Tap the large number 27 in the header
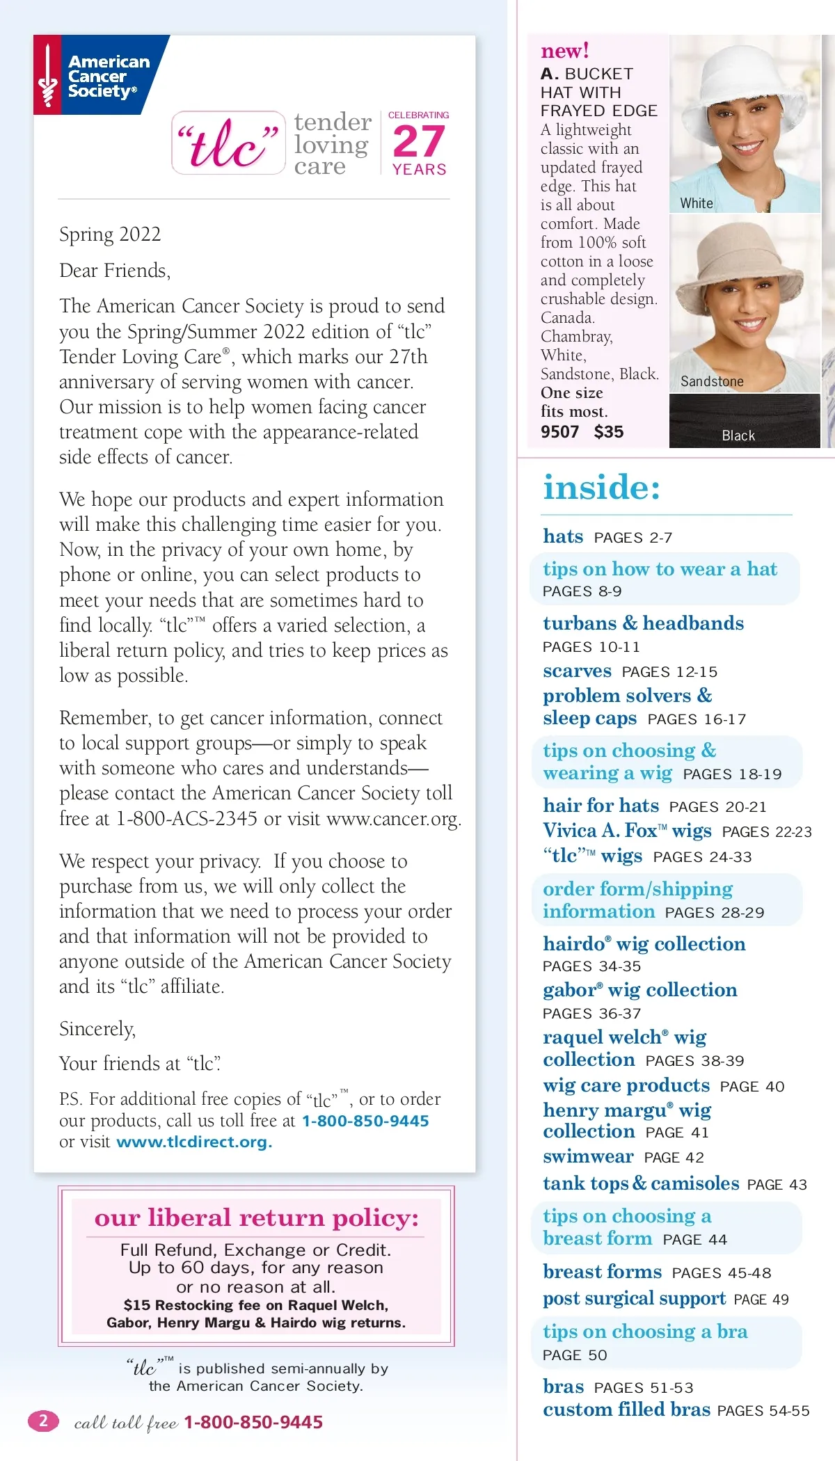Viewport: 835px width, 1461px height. point(418,142)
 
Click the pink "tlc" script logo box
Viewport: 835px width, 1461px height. point(228,143)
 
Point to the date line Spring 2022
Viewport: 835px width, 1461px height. point(110,234)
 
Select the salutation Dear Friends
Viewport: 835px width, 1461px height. point(115,270)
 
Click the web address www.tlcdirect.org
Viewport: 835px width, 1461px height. point(193,1142)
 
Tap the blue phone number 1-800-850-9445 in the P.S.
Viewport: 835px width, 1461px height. point(365,1120)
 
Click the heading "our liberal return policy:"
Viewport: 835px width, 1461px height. point(256,1218)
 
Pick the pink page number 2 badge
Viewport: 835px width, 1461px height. point(43,1421)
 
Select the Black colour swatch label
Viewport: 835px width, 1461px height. point(738,436)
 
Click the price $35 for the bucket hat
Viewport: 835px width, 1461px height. point(609,432)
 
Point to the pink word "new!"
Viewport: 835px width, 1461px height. point(565,51)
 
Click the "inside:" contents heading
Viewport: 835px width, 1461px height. point(601,487)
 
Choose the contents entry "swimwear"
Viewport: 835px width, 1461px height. point(588,1156)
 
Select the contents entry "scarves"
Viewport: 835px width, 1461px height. point(577,671)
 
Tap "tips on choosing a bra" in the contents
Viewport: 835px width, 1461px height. point(645,1332)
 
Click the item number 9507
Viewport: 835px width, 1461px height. point(559,432)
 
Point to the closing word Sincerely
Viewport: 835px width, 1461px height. point(97,1028)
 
